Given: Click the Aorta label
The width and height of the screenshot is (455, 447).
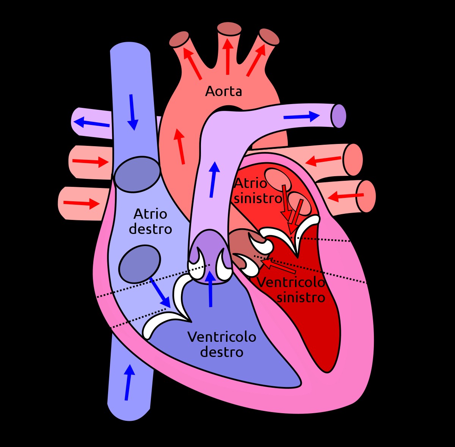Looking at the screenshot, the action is coord(223,91).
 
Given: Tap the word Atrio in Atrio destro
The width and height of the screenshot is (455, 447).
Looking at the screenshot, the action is coord(151,214).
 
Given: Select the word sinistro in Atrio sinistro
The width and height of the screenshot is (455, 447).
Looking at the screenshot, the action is coord(258,198).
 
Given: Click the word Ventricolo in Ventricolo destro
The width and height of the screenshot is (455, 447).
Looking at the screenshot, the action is coord(222,337).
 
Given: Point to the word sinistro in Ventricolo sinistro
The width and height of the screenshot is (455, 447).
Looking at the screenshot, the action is coord(301,297).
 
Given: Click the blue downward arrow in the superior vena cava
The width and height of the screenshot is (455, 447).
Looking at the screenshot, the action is coord(133,112).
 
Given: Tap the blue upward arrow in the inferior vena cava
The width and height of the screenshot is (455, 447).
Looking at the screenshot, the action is coord(129,382).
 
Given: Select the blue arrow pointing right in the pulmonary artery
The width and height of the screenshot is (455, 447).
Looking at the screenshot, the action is coord(301,116).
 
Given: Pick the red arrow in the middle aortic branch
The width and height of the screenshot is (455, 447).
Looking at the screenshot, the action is coord(227,56).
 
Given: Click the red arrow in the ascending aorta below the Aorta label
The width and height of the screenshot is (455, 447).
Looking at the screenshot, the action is coord(179,146).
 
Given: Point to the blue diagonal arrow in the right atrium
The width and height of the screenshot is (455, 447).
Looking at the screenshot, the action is coord(160,292).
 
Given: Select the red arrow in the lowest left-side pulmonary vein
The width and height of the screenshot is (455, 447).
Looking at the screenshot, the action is coord(82,203).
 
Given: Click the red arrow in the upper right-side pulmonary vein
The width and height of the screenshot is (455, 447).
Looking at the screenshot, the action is coord(323,161).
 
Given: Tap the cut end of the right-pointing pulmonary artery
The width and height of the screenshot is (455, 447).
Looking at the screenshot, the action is coord(339,116).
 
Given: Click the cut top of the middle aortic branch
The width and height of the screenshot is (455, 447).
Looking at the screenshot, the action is coord(229,29).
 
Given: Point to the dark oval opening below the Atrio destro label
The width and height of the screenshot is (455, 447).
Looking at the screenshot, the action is coord(140,264).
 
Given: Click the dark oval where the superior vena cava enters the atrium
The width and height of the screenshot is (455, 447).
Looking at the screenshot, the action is coord(137,174).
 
